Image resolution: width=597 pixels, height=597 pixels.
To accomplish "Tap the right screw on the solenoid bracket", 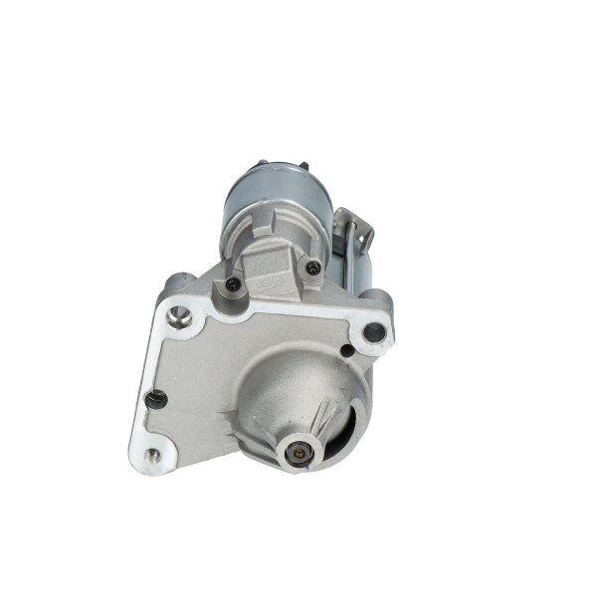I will pos(315,266).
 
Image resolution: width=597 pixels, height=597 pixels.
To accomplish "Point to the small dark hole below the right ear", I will pos(344,349).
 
